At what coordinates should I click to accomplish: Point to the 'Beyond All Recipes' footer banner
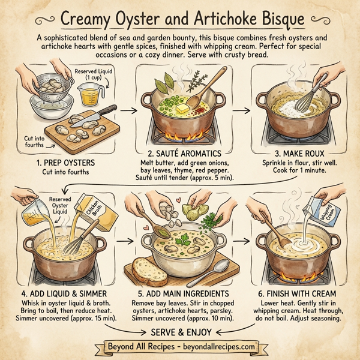(x=179, y=347)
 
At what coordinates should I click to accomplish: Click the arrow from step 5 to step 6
(x=247, y=242)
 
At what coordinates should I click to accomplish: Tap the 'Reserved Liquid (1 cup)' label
(x=91, y=75)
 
